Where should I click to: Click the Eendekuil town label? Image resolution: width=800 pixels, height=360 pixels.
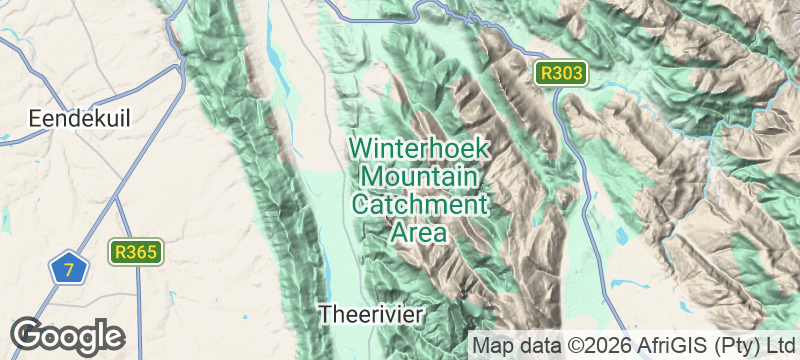click(x=80, y=118)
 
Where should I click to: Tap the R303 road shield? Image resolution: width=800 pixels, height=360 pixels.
click(x=558, y=73)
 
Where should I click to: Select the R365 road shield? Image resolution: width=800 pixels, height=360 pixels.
click(x=137, y=252)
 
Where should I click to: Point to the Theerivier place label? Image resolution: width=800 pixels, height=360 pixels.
click(x=372, y=314)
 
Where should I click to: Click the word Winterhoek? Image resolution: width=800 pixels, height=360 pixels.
click(x=419, y=149)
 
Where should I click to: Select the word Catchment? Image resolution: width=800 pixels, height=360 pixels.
click(x=419, y=205)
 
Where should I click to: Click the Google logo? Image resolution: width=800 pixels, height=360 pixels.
click(x=67, y=335)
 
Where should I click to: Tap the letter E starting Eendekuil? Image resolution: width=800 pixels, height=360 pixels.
click(x=35, y=118)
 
